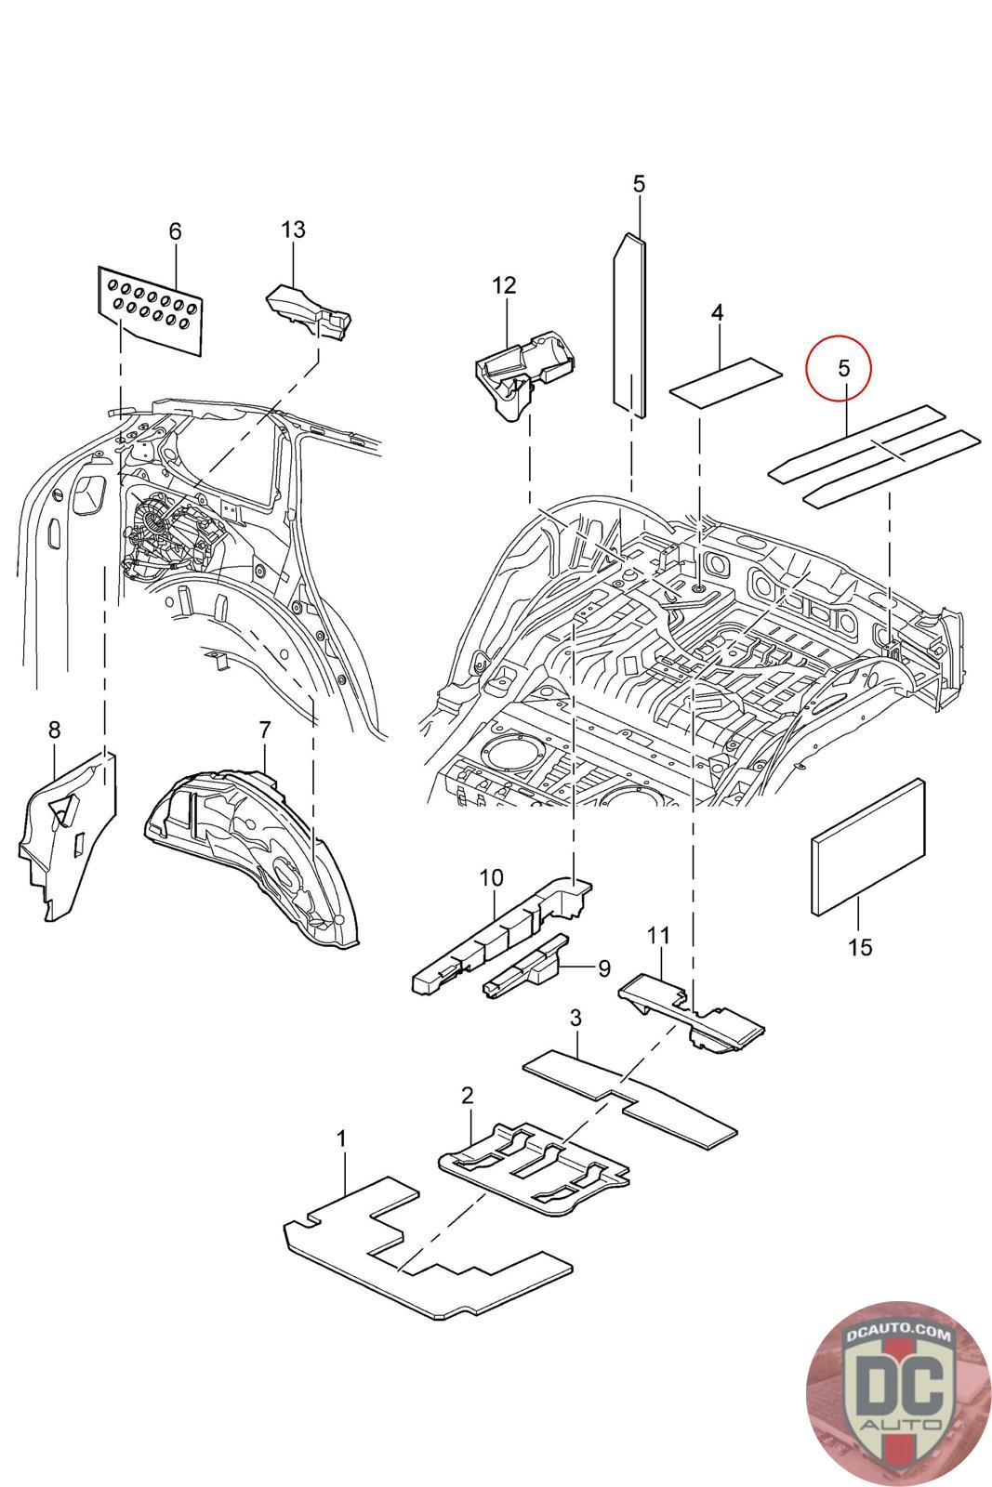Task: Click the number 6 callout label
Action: pyautogui.click(x=175, y=231)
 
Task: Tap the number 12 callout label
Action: pyautogui.click(x=504, y=284)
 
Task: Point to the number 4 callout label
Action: pyautogui.click(x=717, y=312)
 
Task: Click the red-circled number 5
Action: pyautogui.click(x=844, y=367)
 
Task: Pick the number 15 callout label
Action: pyautogui.click(x=860, y=947)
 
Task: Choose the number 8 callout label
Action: pyautogui.click(x=55, y=730)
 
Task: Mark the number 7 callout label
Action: pyautogui.click(x=265, y=730)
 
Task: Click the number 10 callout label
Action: pyautogui.click(x=492, y=877)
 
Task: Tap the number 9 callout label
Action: pyautogui.click(x=604, y=968)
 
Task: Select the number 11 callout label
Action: pyautogui.click(x=658, y=935)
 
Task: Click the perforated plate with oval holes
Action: pyautogui.click(x=150, y=309)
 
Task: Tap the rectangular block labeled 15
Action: pyautogui.click(x=867, y=847)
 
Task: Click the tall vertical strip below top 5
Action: pyautogui.click(x=628, y=325)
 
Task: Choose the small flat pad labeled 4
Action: pyautogui.click(x=726, y=380)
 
